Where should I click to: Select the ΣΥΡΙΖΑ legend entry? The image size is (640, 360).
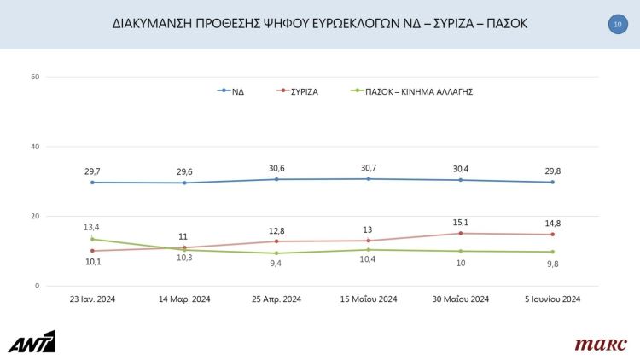click(298, 90)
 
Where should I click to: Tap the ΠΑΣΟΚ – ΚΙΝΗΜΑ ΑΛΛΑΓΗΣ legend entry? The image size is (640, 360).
click(412, 90)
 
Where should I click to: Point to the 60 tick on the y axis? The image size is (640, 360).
click(35, 78)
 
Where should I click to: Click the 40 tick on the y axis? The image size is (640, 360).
click(35, 147)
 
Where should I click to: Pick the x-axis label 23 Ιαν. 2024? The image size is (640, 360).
click(92, 299)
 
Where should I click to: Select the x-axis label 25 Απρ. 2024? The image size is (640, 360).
click(276, 299)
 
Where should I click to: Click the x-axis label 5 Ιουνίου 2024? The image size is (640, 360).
click(553, 299)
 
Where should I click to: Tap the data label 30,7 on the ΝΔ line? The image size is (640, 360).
click(369, 168)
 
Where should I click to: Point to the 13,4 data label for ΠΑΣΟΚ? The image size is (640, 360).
click(92, 227)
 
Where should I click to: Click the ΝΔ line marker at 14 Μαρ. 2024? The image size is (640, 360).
click(184, 183)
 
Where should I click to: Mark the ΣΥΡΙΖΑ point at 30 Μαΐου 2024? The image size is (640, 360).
click(461, 233)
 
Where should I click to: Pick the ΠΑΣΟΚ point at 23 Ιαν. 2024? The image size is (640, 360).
click(92, 239)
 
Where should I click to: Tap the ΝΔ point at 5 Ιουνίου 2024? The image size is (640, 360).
click(553, 182)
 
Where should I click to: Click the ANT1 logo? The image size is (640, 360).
click(32, 341)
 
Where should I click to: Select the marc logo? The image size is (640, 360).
click(600, 344)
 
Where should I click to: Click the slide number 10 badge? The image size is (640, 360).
click(617, 25)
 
